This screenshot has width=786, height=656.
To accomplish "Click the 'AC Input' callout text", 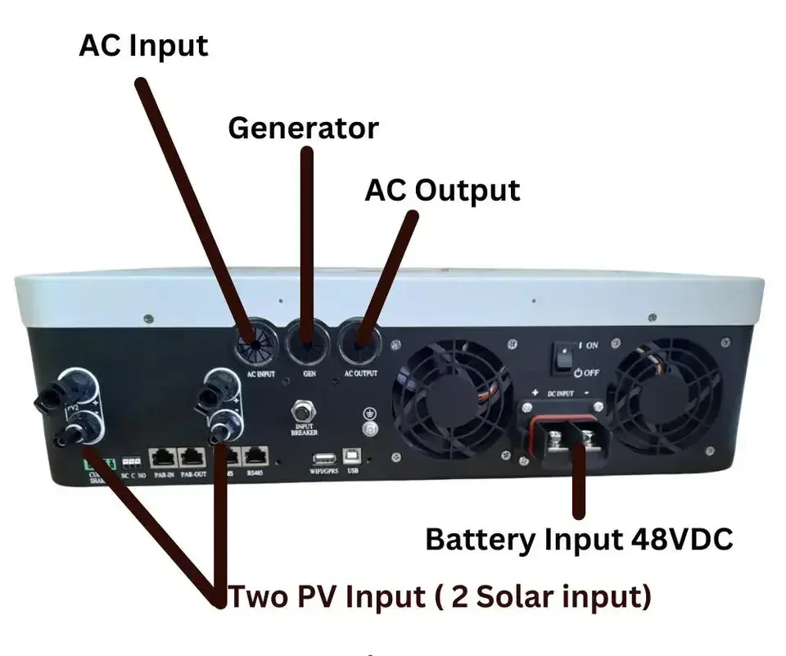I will click(x=143, y=45).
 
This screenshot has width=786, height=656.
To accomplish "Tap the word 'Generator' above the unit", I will click(x=303, y=129).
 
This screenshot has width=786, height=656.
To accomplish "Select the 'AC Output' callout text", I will click(x=442, y=190).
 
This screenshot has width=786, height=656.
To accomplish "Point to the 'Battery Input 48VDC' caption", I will click(x=579, y=540).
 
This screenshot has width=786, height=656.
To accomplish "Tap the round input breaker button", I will click(x=304, y=407).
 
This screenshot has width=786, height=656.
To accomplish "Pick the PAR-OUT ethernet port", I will click(x=193, y=455).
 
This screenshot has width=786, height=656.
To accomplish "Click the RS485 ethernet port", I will click(x=257, y=455).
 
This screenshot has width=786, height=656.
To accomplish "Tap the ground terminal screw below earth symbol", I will click(x=370, y=428).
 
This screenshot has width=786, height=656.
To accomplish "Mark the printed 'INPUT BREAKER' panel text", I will click(x=304, y=429).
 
